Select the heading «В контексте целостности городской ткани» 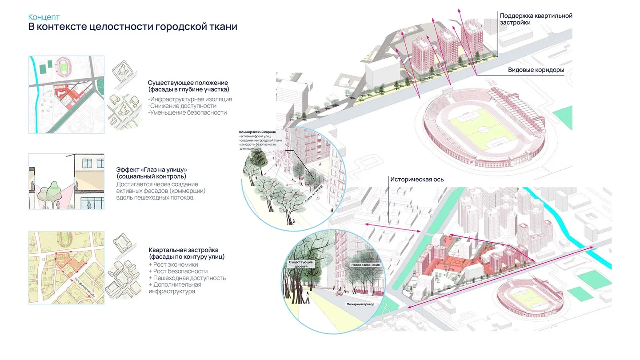pos(132,27)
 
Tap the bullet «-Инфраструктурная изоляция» pos(190,99)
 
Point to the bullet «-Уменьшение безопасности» pos(187,112)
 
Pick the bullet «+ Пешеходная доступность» pos(187,278)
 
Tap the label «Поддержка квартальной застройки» pos(536,19)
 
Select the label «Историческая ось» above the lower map pos(416,180)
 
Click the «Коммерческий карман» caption pos(260,132)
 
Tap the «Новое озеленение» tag pos(365,265)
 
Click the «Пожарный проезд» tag pos(360,305)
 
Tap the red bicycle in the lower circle pos(339,293)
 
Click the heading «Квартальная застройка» pos(184,250)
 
